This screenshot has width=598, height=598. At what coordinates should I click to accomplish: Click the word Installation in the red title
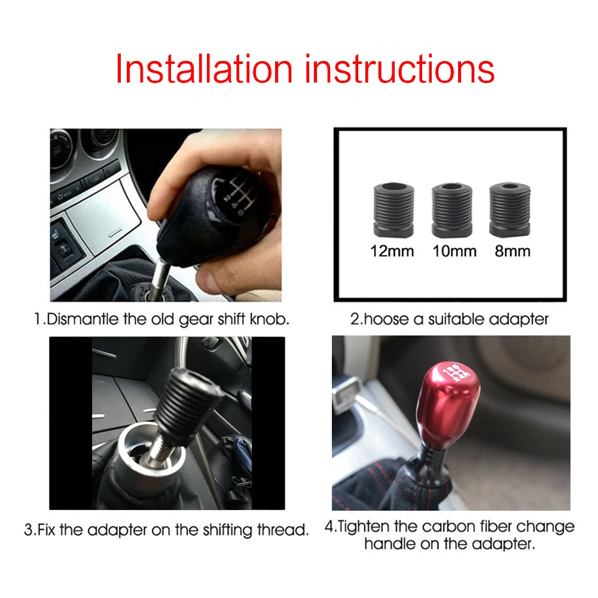coord(203,69)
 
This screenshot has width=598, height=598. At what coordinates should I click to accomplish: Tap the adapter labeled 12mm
coord(392,210)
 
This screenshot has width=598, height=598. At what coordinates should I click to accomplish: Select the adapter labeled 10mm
coord(452,210)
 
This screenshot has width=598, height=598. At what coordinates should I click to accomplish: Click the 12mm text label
coord(392,251)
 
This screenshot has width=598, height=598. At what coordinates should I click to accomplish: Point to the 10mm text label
coord(454,251)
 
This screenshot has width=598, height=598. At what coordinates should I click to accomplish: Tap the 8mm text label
coord(512,251)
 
